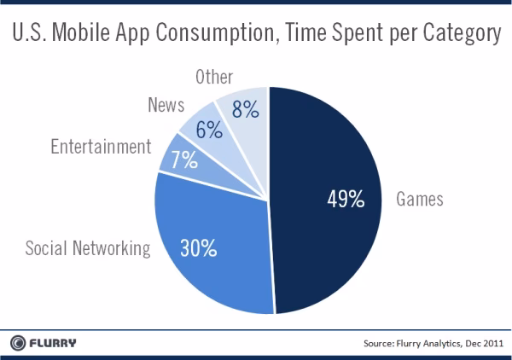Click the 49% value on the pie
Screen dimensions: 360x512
(346, 200)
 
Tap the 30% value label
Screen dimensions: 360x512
(197, 249)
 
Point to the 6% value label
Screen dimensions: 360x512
(208, 130)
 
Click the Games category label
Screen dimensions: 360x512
(420, 200)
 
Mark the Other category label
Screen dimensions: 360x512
(213, 77)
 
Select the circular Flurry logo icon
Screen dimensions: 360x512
(17, 343)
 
